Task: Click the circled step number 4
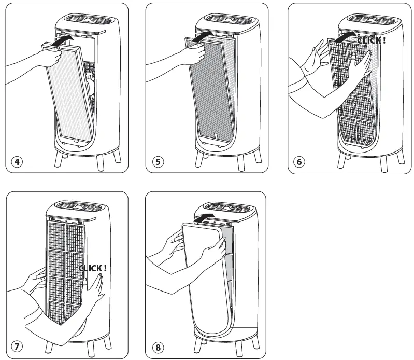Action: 17,161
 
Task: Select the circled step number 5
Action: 158,161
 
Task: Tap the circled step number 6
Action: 299,161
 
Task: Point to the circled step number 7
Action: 17,346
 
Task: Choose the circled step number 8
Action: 158,346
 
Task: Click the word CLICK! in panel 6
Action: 371,40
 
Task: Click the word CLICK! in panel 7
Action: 93,268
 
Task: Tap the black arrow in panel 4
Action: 65,38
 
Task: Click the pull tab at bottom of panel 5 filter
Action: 214,136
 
